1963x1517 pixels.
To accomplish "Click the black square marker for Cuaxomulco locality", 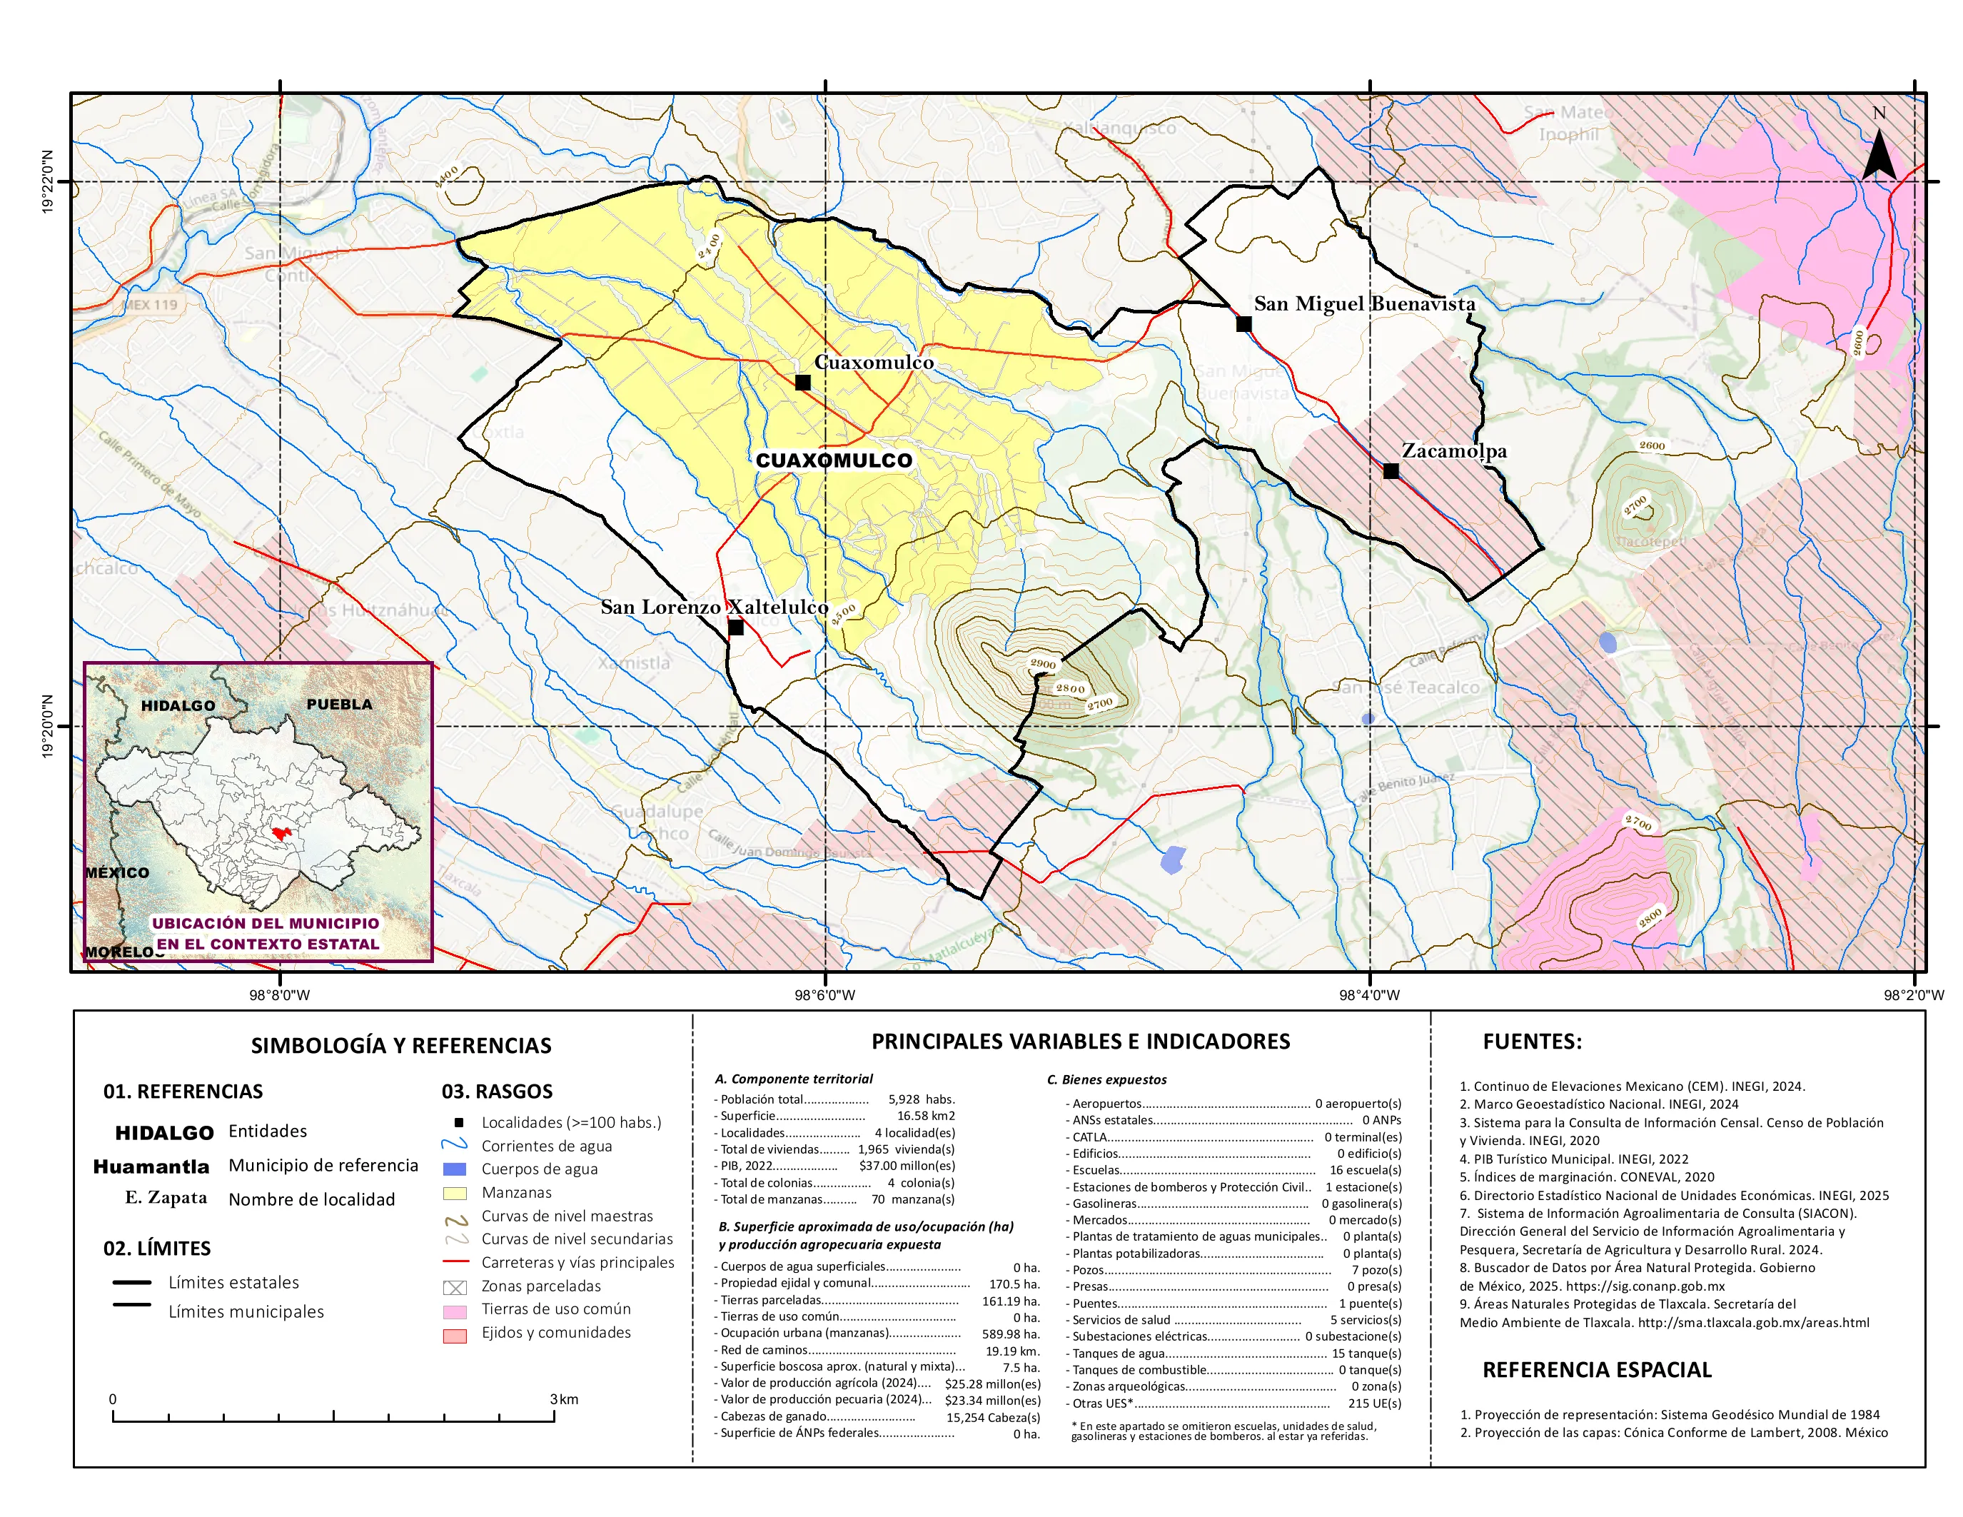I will pyautogui.click(x=802, y=383).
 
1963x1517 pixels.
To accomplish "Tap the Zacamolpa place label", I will pyautogui.click(x=1453, y=450).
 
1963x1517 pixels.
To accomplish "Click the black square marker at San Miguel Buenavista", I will pyautogui.click(x=1244, y=324).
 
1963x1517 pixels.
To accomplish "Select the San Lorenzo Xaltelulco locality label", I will pyautogui.click(x=714, y=607).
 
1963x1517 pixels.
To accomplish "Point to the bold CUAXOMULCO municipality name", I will pyautogui.click(x=833, y=460).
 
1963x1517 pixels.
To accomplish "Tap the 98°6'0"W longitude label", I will pyautogui.click(x=824, y=995).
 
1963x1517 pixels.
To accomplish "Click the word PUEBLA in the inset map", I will pyautogui.click(x=339, y=704).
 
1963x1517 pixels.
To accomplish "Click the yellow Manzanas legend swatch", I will pyautogui.click(x=455, y=1194).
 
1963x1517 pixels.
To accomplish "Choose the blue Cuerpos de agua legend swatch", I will pyautogui.click(x=455, y=1169).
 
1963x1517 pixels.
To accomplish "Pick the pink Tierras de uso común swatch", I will pyautogui.click(x=455, y=1312).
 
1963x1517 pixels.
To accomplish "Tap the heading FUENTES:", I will pyautogui.click(x=1532, y=1042).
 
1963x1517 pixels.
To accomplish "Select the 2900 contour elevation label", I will pyautogui.click(x=1043, y=663).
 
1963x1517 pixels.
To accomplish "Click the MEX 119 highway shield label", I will pyautogui.click(x=151, y=305).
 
